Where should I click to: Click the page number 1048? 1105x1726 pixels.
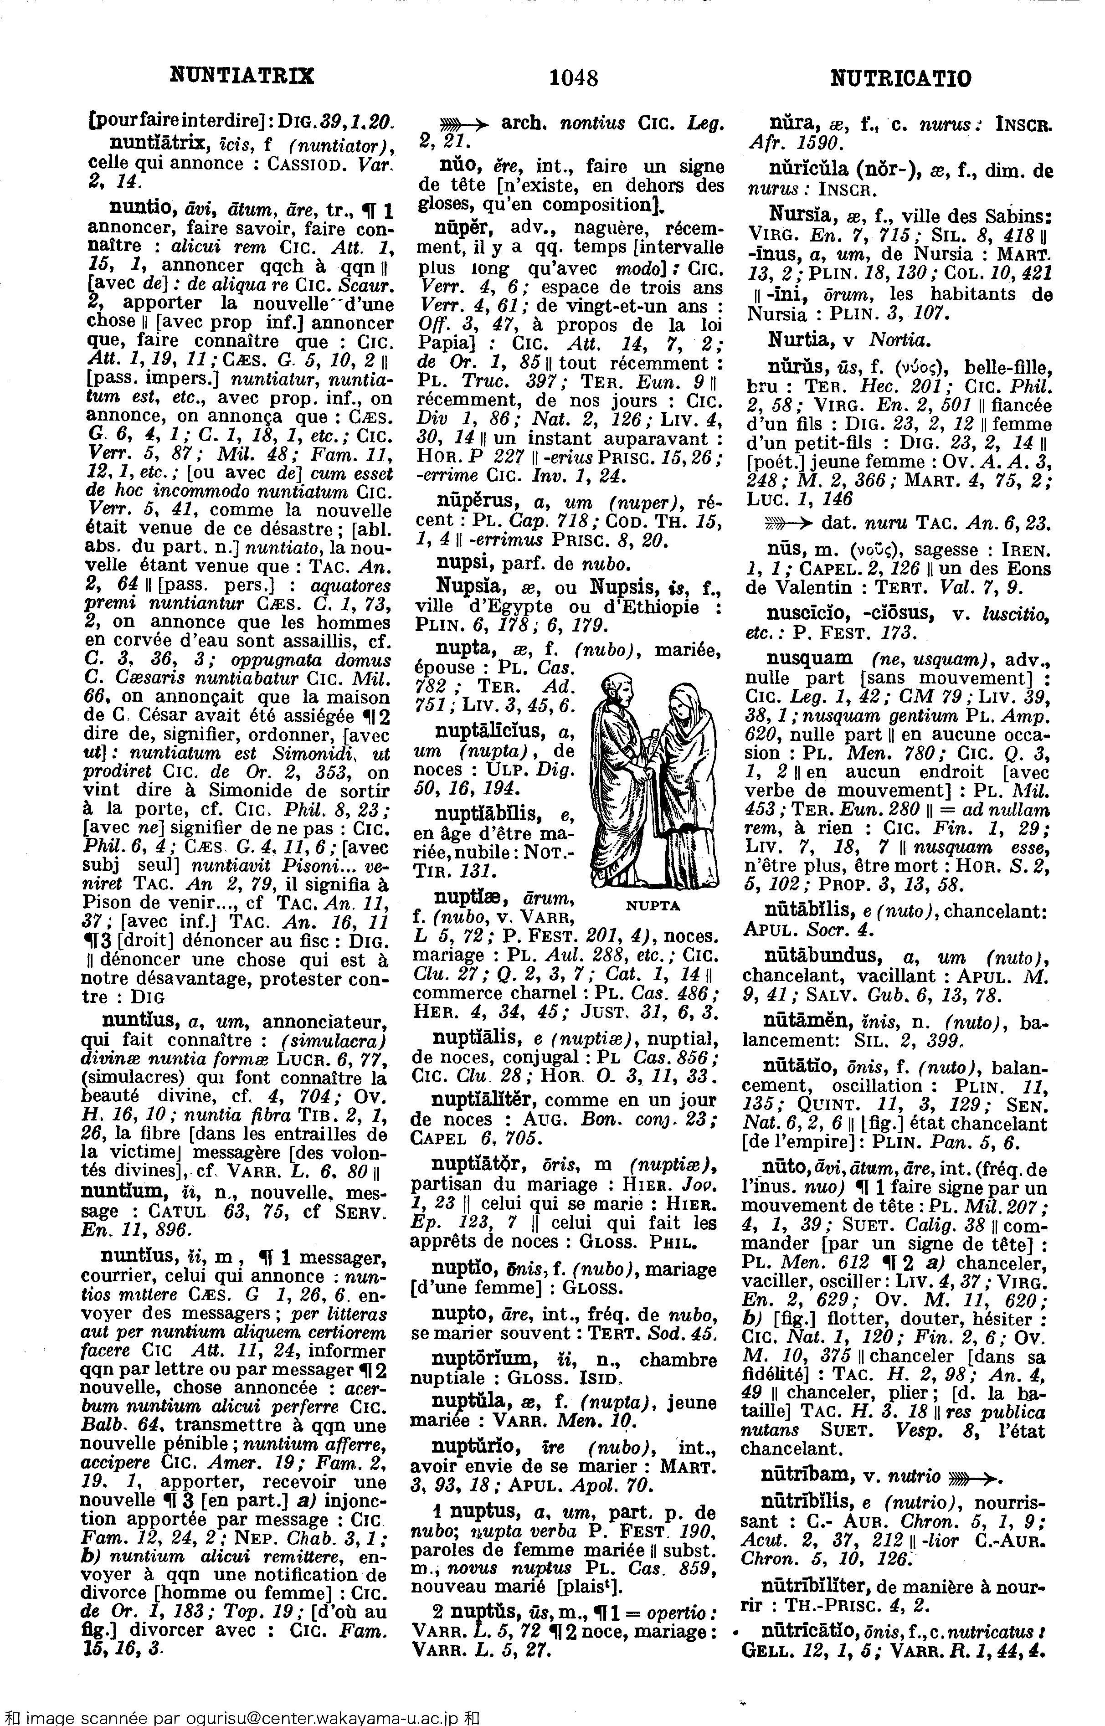tap(573, 77)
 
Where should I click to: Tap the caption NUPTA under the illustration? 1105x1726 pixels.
tap(653, 905)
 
